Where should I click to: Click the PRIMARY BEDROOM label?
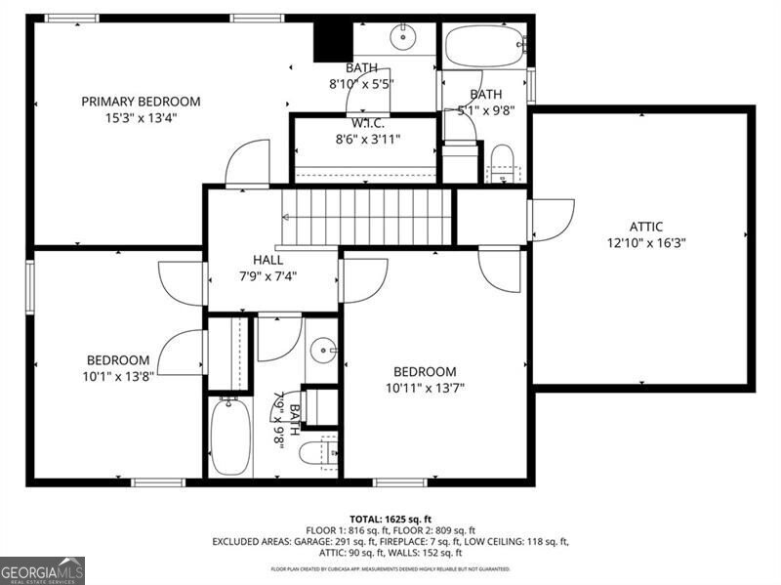[x=141, y=101]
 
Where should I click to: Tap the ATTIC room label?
[x=645, y=227]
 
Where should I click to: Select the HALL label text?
[x=267, y=260]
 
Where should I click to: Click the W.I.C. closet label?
[x=368, y=123]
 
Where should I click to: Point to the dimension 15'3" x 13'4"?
[x=141, y=117]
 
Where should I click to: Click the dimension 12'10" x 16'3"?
[x=645, y=243]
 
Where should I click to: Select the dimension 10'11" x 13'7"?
[x=425, y=388]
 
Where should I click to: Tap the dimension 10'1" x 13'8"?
[x=118, y=376]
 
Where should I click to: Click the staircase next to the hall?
[x=368, y=217]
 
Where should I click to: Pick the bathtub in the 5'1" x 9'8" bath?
[x=484, y=45]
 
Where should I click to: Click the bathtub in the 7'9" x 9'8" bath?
[x=231, y=436]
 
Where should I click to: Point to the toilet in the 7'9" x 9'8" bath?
[x=318, y=453]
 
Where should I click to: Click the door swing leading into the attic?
[x=553, y=221]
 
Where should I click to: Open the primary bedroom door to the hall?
[x=248, y=164]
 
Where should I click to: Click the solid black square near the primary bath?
[x=332, y=40]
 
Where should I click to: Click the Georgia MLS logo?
[x=42, y=570]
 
